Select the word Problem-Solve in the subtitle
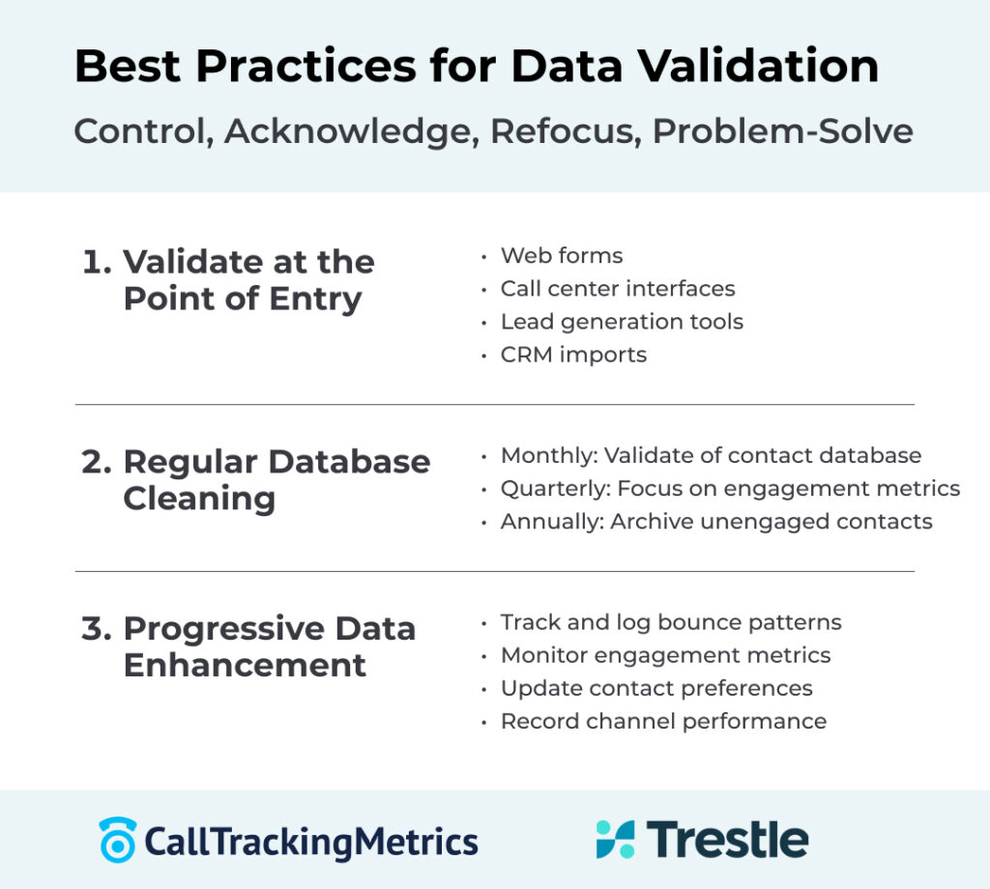[782, 130]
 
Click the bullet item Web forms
[561, 256]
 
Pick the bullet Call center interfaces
[617, 289]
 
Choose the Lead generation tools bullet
[622, 322]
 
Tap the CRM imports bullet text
[573, 355]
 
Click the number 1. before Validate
[98, 262]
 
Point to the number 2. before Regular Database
[98, 461]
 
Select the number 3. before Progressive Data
[98, 628]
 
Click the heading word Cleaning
[199, 499]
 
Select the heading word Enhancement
[245, 666]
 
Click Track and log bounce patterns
[670, 622]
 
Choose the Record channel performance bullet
[663, 721]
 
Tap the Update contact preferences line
[655, 688]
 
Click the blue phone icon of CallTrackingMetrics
[118, 840]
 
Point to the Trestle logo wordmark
[727, 839]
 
